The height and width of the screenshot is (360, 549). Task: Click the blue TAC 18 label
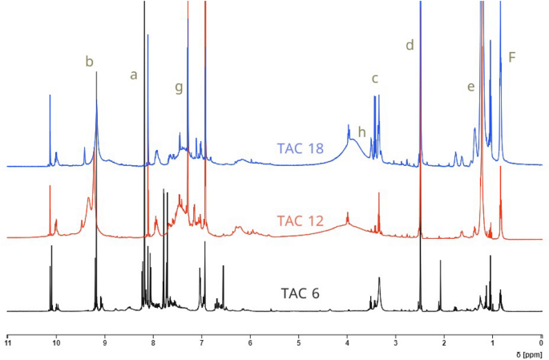[302, 148]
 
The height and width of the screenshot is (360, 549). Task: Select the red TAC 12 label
[301, 220]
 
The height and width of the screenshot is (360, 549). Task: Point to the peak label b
[90, 61]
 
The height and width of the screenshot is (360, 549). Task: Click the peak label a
[134, 75]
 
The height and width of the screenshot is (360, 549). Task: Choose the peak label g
[179, 87]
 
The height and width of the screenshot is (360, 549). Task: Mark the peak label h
[361, 131]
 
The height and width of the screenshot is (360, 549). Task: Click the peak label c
[374, 78]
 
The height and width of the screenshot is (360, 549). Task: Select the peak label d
[410, 46]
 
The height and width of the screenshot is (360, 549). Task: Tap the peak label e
[470, 87]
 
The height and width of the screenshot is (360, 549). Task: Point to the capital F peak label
[512, 57]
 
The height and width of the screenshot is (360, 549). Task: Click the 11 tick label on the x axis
[8, 344]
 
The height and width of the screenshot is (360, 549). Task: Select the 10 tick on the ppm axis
[56, 344]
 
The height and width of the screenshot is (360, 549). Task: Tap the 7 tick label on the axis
[202, 344]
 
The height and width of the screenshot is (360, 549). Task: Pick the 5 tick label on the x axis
[299, 344]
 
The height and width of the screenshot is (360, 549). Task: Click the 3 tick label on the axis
[396, 344]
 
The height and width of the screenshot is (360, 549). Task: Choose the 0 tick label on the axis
[542, 344]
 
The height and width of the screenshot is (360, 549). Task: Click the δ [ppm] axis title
[525, 354]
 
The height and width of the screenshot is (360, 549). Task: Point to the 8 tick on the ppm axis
[153, 344]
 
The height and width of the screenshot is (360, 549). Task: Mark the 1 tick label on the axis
[493, 344]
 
